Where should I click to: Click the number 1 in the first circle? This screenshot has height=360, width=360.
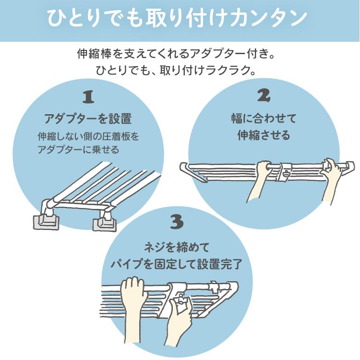pyautogui.click(x=88, y=97)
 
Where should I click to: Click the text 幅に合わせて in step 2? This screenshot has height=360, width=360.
pyautogui.click(x=264, y=118)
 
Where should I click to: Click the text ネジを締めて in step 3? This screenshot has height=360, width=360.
pyautogui.click(x=177, y=248)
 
